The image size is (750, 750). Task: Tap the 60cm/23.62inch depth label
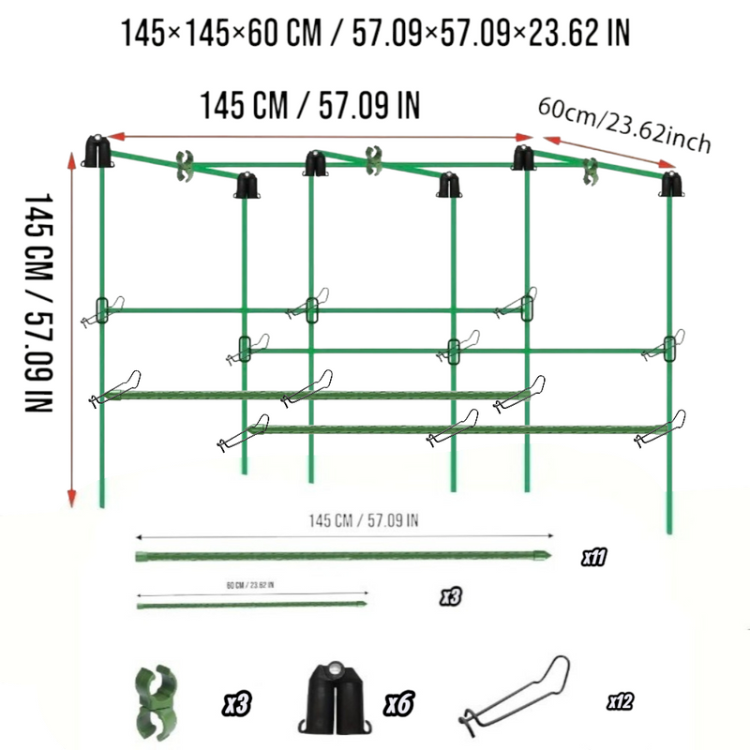[623, 125]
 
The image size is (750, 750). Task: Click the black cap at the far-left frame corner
[97, 151]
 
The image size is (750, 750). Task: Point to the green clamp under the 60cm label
[591, 171]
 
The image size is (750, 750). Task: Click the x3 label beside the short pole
[451, 595]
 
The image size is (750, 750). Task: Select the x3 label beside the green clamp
[237, 701]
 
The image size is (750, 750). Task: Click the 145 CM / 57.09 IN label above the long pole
[363, 520]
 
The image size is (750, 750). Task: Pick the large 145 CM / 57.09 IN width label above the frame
[309, 105]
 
